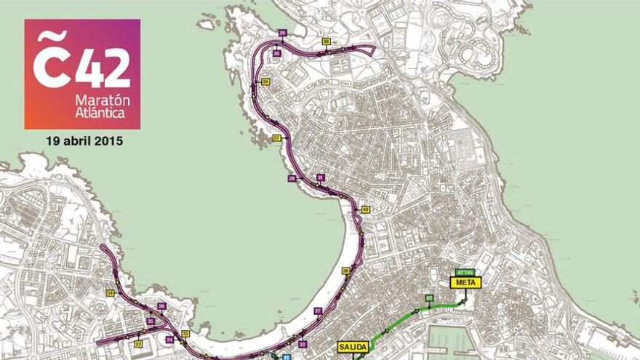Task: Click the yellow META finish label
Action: pos(463,282)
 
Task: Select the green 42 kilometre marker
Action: pos(429,298)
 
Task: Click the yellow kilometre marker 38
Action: pos(327,41)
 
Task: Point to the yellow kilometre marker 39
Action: pos(265,82)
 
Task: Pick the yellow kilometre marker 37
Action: pos(276,137)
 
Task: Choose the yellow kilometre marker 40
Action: pos(365,209)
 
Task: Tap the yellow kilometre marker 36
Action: pos(346,271)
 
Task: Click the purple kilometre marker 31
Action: pos(320,177)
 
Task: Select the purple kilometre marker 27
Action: pos(319,311)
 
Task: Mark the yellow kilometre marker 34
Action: pos(110,293)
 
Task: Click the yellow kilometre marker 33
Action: pos(185,334)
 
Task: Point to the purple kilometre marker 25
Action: pos(151,321)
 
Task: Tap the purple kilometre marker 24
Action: pos(169,339)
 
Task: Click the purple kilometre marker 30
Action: pos(277,54)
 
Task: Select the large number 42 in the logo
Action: pos(103,68)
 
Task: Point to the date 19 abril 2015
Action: pos(82,140)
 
